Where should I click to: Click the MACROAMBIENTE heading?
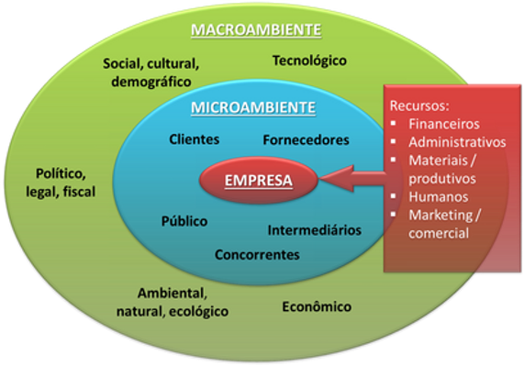point(256,30)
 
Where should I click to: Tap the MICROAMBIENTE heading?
point(253,108)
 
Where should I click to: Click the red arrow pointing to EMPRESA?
point(353,180)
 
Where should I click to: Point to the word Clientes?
point(195,140)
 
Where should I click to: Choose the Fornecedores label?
point(306,140)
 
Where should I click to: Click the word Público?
point(184,221)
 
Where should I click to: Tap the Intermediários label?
point(315,228)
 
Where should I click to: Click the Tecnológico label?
point(310,61)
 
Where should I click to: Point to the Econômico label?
point(317,306)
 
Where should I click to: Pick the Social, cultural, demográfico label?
point(151,72)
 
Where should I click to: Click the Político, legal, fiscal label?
point(61,182)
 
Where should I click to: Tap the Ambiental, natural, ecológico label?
point(184,302)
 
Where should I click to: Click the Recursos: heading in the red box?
point(419,104)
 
